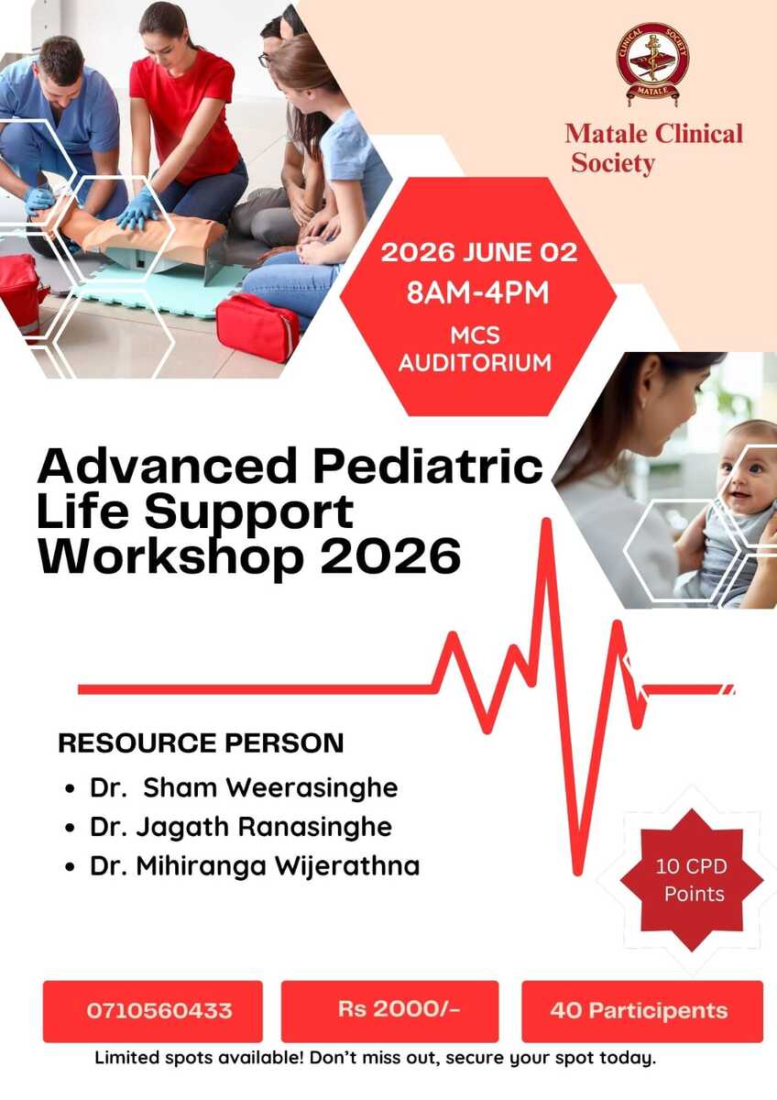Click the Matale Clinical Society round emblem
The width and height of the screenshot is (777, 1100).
pos(652,64)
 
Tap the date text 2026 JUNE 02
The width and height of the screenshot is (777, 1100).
pos(478,253)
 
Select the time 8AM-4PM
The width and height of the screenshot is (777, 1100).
pos(477,293)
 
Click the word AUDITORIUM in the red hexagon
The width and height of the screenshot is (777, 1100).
pos(476,363)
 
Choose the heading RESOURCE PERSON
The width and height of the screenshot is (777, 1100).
pos(201,742)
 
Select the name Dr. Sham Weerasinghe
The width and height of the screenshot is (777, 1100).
pos(244,788)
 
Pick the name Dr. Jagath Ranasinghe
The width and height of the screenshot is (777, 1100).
pos(240,828)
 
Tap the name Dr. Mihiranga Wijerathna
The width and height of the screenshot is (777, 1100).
pos(255,866)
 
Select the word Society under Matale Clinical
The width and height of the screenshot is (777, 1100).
pos(613,164)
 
